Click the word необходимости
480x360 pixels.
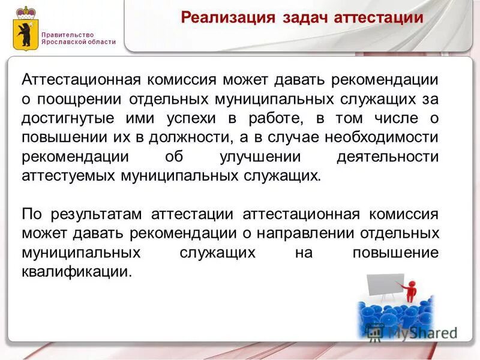pyautogui.click(x=377, y=136)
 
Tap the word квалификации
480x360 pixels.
pyautogui.click(x=76, y=272)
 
